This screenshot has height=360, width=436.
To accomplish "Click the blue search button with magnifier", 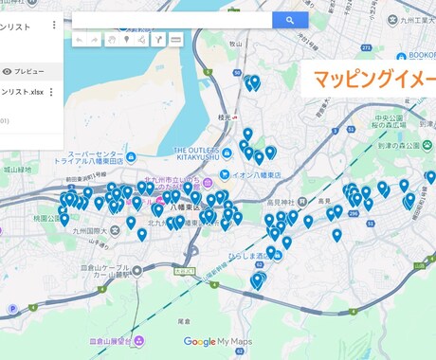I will pyautogui.click(x=289, y=19).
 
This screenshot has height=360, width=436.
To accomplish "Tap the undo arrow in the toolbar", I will pyautogui.click(x=79, y=40).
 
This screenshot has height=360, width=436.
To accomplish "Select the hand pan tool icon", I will pyautogui.click(x=111, y=40).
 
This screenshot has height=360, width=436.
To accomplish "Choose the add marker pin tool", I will pyautogui.click(x=127, y=40).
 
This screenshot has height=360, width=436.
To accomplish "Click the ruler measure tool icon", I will pyautogui.click(x=175, y=40).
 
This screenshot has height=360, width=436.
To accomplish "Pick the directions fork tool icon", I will pyautogui.click(x=158, y=40).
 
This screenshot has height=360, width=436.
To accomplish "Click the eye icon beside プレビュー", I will pyautogui.click(x=8, y=71).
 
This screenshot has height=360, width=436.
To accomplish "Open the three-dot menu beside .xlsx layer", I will pyautogui.click(x=51, y=92).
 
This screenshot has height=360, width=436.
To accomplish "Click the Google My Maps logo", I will pyautogui.click(x=217, y=342).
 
